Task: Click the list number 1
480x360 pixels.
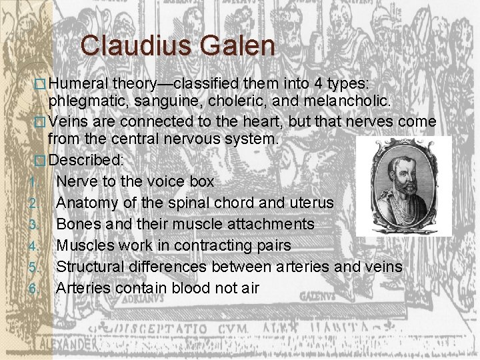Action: click(33, 181)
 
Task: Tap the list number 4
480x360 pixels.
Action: click(33, 246)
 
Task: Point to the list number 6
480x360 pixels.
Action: click(33, 289)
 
